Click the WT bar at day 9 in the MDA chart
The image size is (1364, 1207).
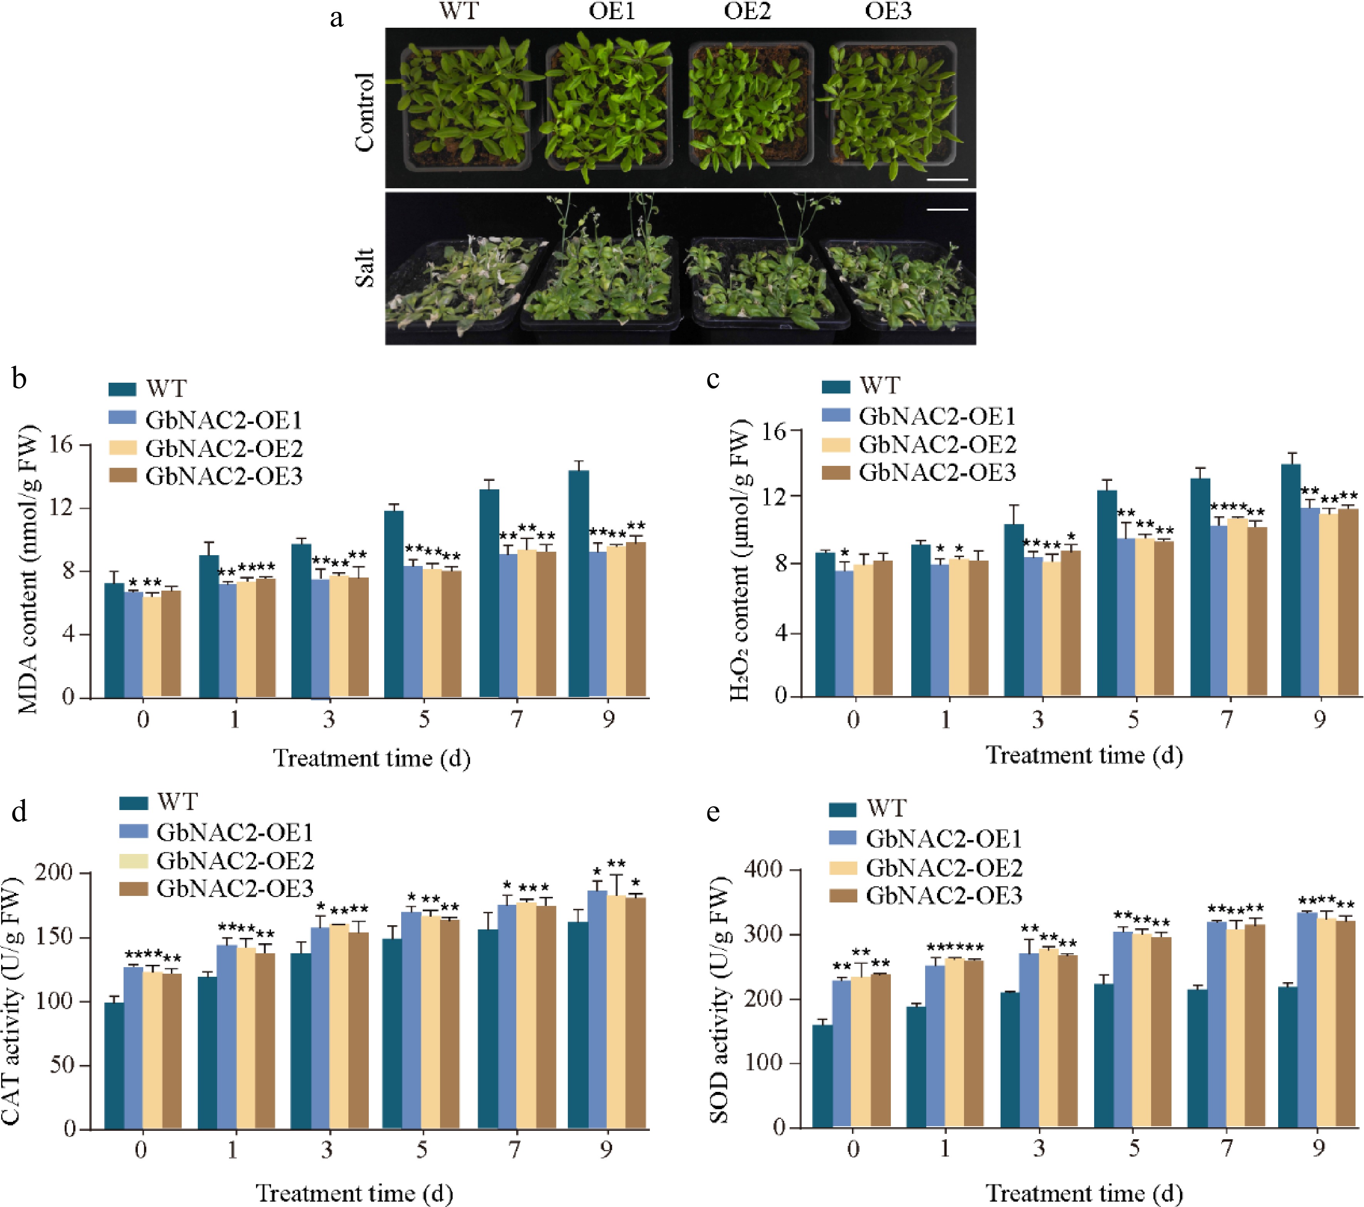pos(579,584)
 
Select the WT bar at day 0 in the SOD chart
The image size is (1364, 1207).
pos(822,1076)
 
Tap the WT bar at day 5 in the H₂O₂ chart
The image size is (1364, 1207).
pos(1106,593)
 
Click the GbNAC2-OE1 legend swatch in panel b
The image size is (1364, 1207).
pos(122,419)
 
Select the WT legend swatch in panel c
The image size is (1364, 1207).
pos(835,386)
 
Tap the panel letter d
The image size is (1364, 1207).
pos(19,812)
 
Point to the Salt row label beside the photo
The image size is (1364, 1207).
pos(364,268)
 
